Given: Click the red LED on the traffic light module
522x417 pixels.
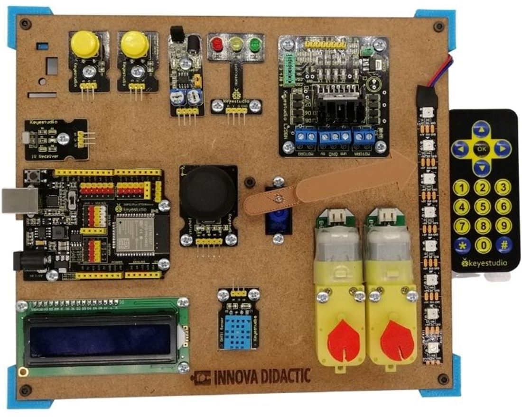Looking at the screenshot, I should coord(218,44).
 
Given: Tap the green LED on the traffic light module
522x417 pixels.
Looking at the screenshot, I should coord(256,45).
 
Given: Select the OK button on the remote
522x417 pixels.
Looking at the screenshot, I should coord(482,149).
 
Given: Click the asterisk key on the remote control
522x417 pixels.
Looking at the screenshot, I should coord(462,245).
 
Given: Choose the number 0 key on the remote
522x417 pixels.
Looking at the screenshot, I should coord(483,245).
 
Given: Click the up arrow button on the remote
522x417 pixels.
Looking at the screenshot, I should coord(482,128).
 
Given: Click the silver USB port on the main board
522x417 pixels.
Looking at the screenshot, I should coord(19,200).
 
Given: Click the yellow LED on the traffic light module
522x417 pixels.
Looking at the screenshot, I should coord(236,45).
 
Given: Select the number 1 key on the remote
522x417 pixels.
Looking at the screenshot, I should coord(462,188).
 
